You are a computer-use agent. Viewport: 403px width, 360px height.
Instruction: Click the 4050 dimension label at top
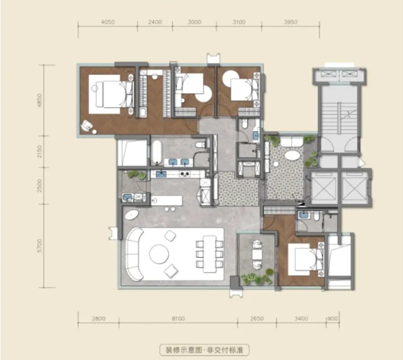pyautogui.click(x=108, y=22)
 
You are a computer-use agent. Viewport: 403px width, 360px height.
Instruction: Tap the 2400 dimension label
pyautogui.click(x=155, y=22)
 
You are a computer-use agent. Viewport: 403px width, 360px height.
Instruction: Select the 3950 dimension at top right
pyautogui.click(x=291, y=22)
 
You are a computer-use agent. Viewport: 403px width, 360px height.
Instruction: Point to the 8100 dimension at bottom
pyautogui.click(x=178, y=319)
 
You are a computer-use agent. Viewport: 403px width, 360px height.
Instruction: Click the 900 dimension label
pyautogui.click(x=333, y=319)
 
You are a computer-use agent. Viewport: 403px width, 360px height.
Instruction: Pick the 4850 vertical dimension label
pyautogui.click(x=40, y=100)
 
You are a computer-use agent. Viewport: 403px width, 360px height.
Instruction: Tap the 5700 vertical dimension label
pyautogui.click(x=40, y=246)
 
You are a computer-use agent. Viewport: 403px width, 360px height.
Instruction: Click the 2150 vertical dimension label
pyautogui.click(x=40, y=152)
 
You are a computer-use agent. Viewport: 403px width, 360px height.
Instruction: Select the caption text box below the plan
pyautogui.click(x=205, y=350)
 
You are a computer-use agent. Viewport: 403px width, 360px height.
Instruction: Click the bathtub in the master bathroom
pyautogui.click(x=156, y=152)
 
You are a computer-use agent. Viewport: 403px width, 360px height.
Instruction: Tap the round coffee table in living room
pyautogui.click(x=159, y=254)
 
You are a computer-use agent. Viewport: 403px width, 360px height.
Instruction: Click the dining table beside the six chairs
pyautogui.click(x=209, y=254)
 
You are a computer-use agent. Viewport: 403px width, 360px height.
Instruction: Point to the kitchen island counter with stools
pyautogui.click(x=167, y=200)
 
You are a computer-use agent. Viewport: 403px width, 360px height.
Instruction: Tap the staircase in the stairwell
pyautogui.click(x=338, y=116)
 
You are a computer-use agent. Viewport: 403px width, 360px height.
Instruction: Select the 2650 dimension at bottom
pyautogui.click(x=257, y=319)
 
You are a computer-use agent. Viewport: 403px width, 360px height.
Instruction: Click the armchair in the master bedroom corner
pyautogui.click(x=87, y=126)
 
